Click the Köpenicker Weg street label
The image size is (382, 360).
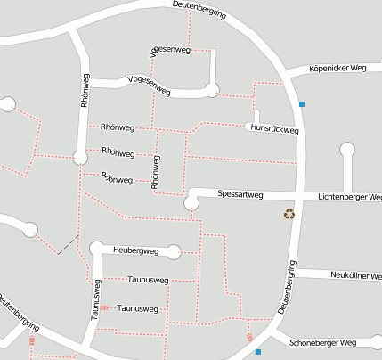coord(337,68)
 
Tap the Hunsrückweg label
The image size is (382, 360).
coord(274,128)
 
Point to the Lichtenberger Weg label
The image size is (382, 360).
coord(350,196)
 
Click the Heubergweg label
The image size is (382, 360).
coord(135,250)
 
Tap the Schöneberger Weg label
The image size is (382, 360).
coord(323,342)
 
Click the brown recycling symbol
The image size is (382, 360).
coord(289,213)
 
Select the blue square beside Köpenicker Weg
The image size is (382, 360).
coord(303,104)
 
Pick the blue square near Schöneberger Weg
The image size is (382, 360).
coord(258,352)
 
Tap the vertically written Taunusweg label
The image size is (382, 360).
coord(94,299)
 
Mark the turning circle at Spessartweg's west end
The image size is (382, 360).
coord(191,204)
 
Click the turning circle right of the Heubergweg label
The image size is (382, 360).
coord(174,251)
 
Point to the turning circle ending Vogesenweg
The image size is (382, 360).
coord(211,87)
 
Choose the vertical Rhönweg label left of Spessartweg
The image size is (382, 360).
coord(155,173)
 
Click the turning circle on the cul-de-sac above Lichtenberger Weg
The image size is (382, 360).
coord(347,150)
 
